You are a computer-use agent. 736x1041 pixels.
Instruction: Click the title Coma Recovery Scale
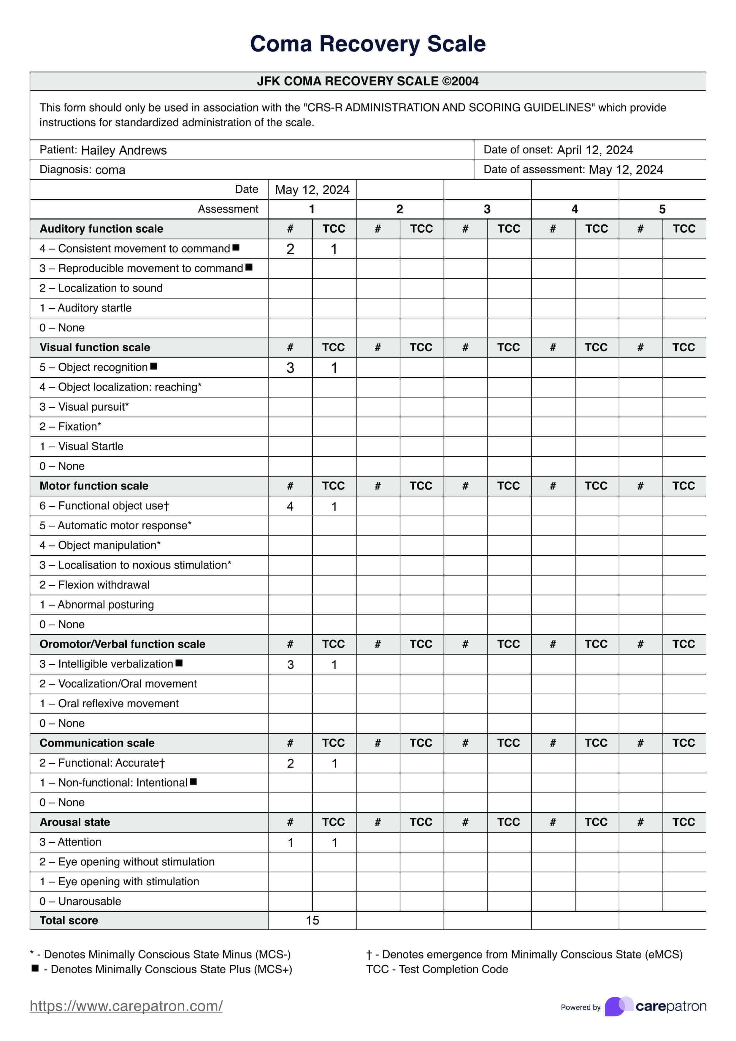tap(368, 44)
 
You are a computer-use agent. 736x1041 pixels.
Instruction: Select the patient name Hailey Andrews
tap(124, 150)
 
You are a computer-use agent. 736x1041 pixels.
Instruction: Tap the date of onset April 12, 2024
tap(594, 150)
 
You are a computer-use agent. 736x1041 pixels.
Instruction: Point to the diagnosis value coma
tap(110, 170)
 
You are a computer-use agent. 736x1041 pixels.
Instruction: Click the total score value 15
tap(313, 920)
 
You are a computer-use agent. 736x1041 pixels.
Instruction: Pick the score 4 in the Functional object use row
tap(290, 506)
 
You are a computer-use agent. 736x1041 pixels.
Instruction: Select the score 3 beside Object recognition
tap(290, 368)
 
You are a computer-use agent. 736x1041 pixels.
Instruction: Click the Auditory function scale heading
tap(101, 229)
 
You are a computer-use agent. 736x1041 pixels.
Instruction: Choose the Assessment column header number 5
tap(662, 209)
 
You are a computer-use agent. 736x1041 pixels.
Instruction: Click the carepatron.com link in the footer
tap(126, 1006)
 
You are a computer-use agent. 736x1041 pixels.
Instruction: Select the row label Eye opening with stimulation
tap(128, 881)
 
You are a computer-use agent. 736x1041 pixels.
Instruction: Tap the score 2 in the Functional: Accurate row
tap(290, 764)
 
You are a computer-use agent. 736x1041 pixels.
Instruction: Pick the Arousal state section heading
tap(75, 822)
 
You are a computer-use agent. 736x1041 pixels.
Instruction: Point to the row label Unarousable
tap(89, 901)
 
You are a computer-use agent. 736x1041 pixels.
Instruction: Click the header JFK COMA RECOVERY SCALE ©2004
tap(368, 82)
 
